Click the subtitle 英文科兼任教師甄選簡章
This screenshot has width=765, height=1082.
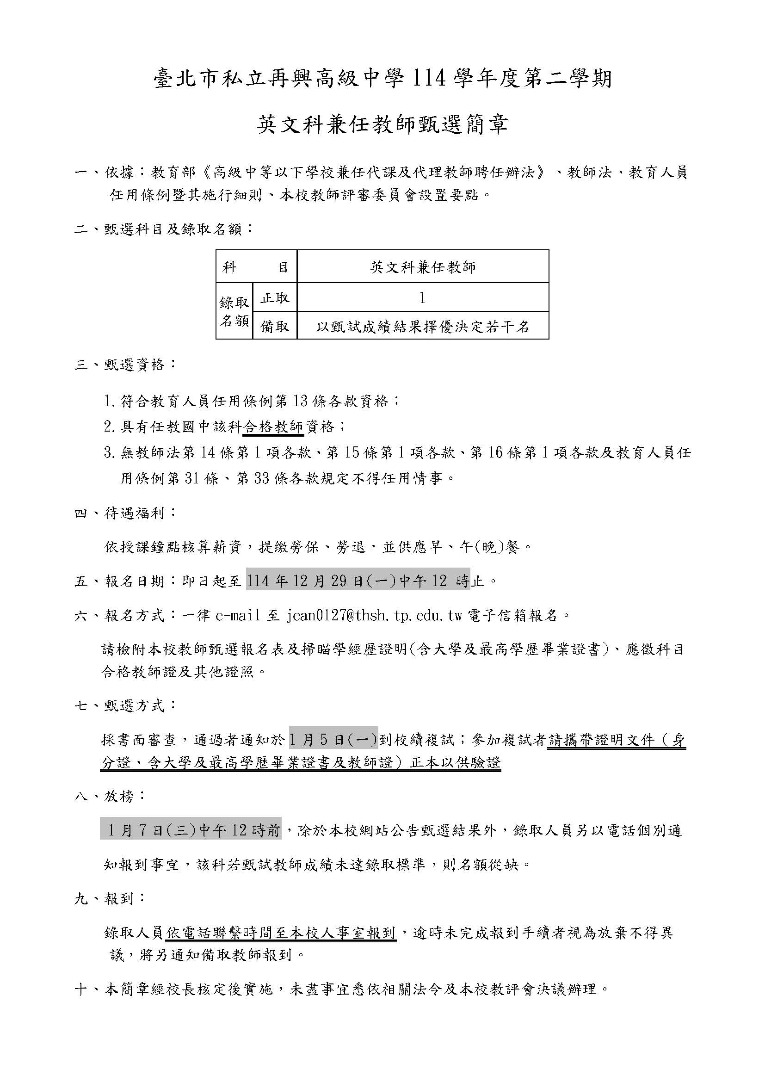pos(382,125)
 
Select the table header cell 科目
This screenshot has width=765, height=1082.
pos(256,267)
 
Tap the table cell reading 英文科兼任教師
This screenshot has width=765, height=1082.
pos(423,267)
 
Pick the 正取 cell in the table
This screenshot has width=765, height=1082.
pos(275,298)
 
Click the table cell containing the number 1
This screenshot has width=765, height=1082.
pos(423,298)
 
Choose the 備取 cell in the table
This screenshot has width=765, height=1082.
pos(275,326)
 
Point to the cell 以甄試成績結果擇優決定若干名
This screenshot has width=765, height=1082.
pos(423,327)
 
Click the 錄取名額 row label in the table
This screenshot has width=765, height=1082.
pos(234,311)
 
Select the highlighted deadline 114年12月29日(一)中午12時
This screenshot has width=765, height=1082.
pos(358,581)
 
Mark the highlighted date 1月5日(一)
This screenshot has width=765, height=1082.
pos(333,740)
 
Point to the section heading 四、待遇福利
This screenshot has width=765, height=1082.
pos(125,513)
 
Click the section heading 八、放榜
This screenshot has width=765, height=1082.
pos(110,797)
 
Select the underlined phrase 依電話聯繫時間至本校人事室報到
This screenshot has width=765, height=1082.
pos(281,932)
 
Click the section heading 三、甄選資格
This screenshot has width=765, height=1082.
pos(125,364)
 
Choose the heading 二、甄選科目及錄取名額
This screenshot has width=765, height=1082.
pos(163,229)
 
